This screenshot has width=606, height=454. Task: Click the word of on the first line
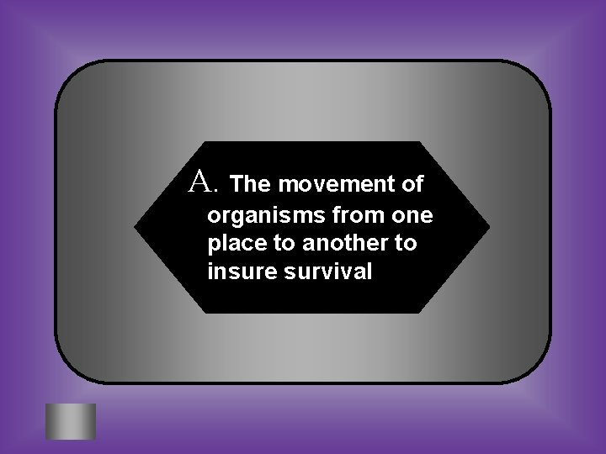tap(412, 182)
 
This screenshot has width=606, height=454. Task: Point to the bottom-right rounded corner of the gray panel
tap(539, 374)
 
